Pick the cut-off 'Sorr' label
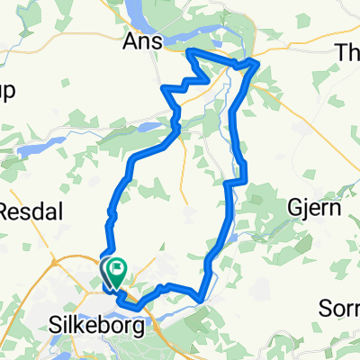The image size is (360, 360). click(x=342, y=309)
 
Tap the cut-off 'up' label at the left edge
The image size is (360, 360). click(x=7, y=97)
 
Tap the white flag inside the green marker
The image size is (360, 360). click(x=117, y=266)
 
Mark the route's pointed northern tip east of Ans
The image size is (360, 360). click(x=188, y=53)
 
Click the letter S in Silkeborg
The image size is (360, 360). click(x=60, y=328)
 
